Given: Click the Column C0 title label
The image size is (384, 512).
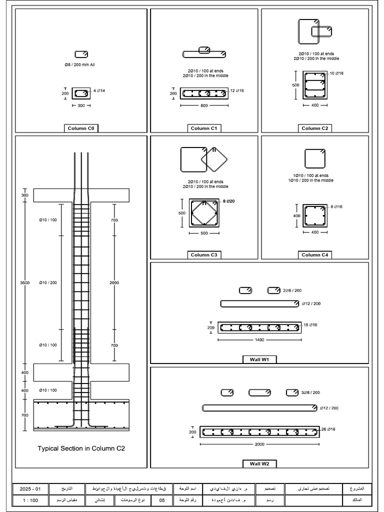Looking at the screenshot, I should [x=81, y=128].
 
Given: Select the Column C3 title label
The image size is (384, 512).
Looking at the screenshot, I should [x=203, y=255].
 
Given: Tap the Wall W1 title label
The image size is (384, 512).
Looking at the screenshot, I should [x=259, y=359].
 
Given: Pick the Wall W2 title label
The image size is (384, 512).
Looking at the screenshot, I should [x=259, y=463].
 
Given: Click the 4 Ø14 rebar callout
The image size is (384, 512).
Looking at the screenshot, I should [x=99, y=90].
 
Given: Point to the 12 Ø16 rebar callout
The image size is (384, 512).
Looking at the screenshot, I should [x=237, y=90].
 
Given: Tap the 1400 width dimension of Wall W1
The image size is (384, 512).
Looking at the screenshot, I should [x=259, y=340].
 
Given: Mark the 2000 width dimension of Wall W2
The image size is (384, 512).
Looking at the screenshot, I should [x=259, y=444].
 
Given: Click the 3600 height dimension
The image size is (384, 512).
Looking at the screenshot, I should [x=24, y=282].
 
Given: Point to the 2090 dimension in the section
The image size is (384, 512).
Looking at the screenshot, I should [x=114, y=282].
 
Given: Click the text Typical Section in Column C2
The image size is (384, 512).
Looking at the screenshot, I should [x=81, y=448].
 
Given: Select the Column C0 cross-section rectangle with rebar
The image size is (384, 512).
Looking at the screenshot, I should [x=81, y=93].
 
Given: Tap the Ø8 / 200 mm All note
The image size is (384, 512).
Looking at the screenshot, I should [x=81, y=64].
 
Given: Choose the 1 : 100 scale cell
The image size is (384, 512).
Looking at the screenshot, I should [x=31, y=499].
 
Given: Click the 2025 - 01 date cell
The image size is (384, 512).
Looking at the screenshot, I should [x=31, y=487].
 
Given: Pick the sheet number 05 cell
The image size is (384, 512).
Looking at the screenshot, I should [x=161, y=499].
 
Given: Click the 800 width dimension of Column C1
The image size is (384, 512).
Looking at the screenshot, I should [x=203, y=106].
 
